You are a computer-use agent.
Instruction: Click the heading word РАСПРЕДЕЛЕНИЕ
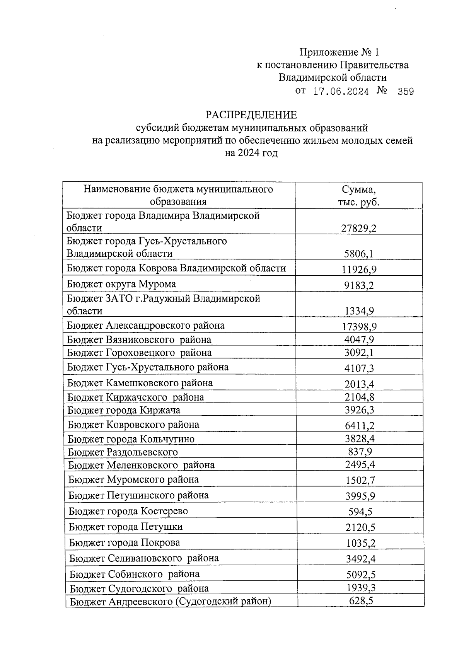click(x=251, y=115)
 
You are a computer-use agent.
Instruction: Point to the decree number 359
click(x=406, y=92)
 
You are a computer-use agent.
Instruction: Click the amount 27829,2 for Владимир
click(x=358, y=228)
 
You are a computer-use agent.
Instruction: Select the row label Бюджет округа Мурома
click(x=121, y=284)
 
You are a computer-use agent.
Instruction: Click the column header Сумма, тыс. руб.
click(x=358, y=196)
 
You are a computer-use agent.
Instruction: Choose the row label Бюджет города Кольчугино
click(x=131, y=439)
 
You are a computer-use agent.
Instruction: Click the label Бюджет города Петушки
click(x=126, y=527)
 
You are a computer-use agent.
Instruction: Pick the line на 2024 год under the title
click(x=251, y=153)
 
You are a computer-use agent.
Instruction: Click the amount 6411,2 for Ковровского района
click(x=359, y=426)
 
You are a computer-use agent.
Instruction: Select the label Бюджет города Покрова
click(x=125, y=542)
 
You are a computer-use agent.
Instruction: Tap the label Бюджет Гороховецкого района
click(x=139, y=353)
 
